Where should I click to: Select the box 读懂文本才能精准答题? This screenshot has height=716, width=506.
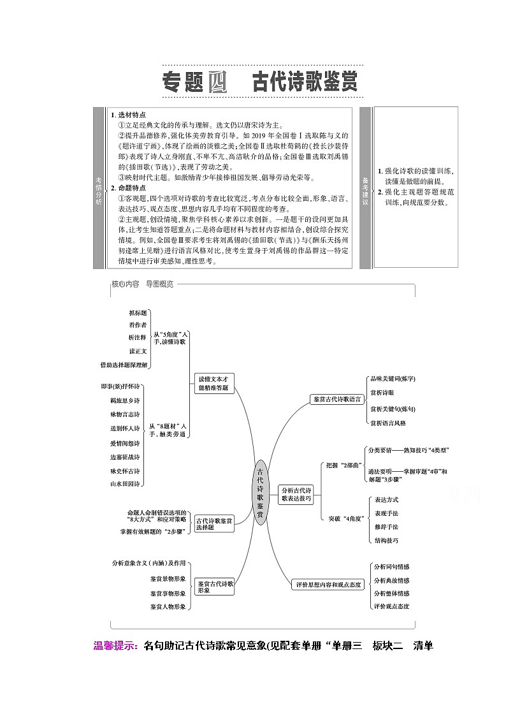click(x=213, y=383)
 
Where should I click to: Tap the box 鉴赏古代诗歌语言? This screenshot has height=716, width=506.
click(x=338, y=399)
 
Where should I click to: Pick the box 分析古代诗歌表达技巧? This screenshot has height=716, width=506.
click(x=296, y=495)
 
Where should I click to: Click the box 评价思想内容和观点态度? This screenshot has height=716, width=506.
click(x=329, y=584)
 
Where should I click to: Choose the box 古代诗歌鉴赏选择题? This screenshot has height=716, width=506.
click(x=213, y=524)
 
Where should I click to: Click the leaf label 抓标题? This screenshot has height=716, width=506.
click(x=138, y=313)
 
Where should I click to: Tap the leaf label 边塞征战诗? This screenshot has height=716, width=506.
click(x=125, y=457)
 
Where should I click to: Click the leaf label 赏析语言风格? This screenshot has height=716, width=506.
click(x=387, y=423)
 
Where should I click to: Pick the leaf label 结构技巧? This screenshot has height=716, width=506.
click(x=386, y=541)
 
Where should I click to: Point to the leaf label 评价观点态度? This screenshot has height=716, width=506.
click(x=391, y=606)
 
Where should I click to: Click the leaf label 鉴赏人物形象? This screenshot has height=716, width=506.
click(x=168, y=606)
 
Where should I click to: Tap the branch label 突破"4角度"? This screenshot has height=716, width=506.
click(x=345, y=518)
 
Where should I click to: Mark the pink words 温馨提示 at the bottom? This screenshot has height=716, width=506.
click(x=115, y=646)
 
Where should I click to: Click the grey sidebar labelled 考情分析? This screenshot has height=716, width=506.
click(x=99, y=188)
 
